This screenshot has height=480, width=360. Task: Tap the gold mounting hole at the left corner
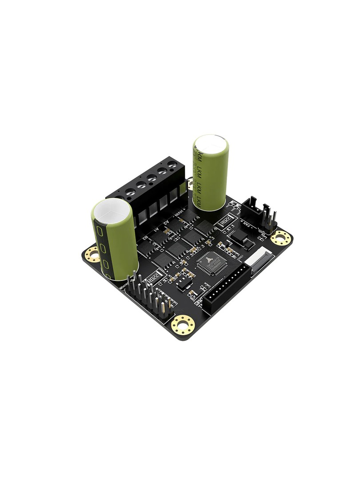[93, 254]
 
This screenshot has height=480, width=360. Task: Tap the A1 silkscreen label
[156, 230]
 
